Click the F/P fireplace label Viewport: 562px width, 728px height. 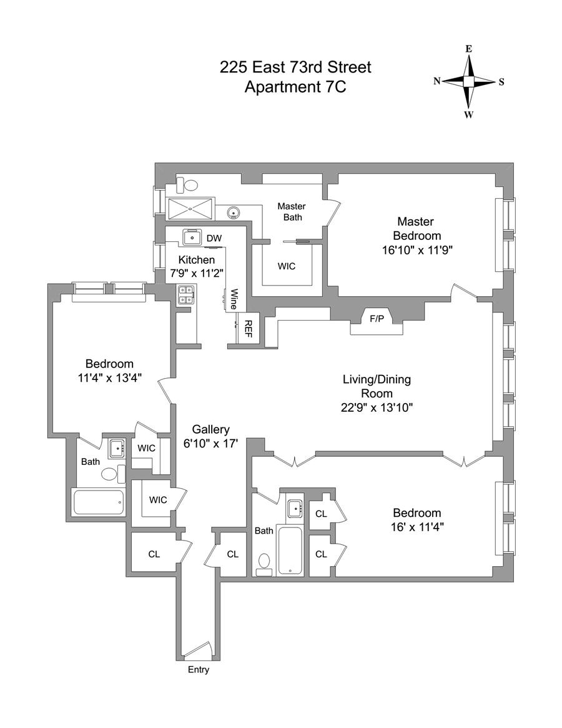[x=377, y=319]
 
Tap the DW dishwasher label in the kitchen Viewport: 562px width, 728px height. [x=214, y=238]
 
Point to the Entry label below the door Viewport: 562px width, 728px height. [x=199, y=670]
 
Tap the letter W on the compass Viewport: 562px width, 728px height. [x=468, y=114]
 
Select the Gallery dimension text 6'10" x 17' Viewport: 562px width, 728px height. [x=211, y=444]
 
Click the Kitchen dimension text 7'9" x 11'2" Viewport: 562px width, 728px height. [x=197, y=273]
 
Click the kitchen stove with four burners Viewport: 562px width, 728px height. [x=186, y=294]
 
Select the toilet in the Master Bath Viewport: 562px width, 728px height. [x=187, y=184]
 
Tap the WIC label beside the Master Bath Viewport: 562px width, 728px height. [x=287, y=266]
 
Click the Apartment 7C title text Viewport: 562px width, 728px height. [x=295, y=87]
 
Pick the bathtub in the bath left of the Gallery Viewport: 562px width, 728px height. [x=99, y=502]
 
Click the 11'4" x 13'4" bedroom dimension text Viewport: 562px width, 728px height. [x=110, y=377]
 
